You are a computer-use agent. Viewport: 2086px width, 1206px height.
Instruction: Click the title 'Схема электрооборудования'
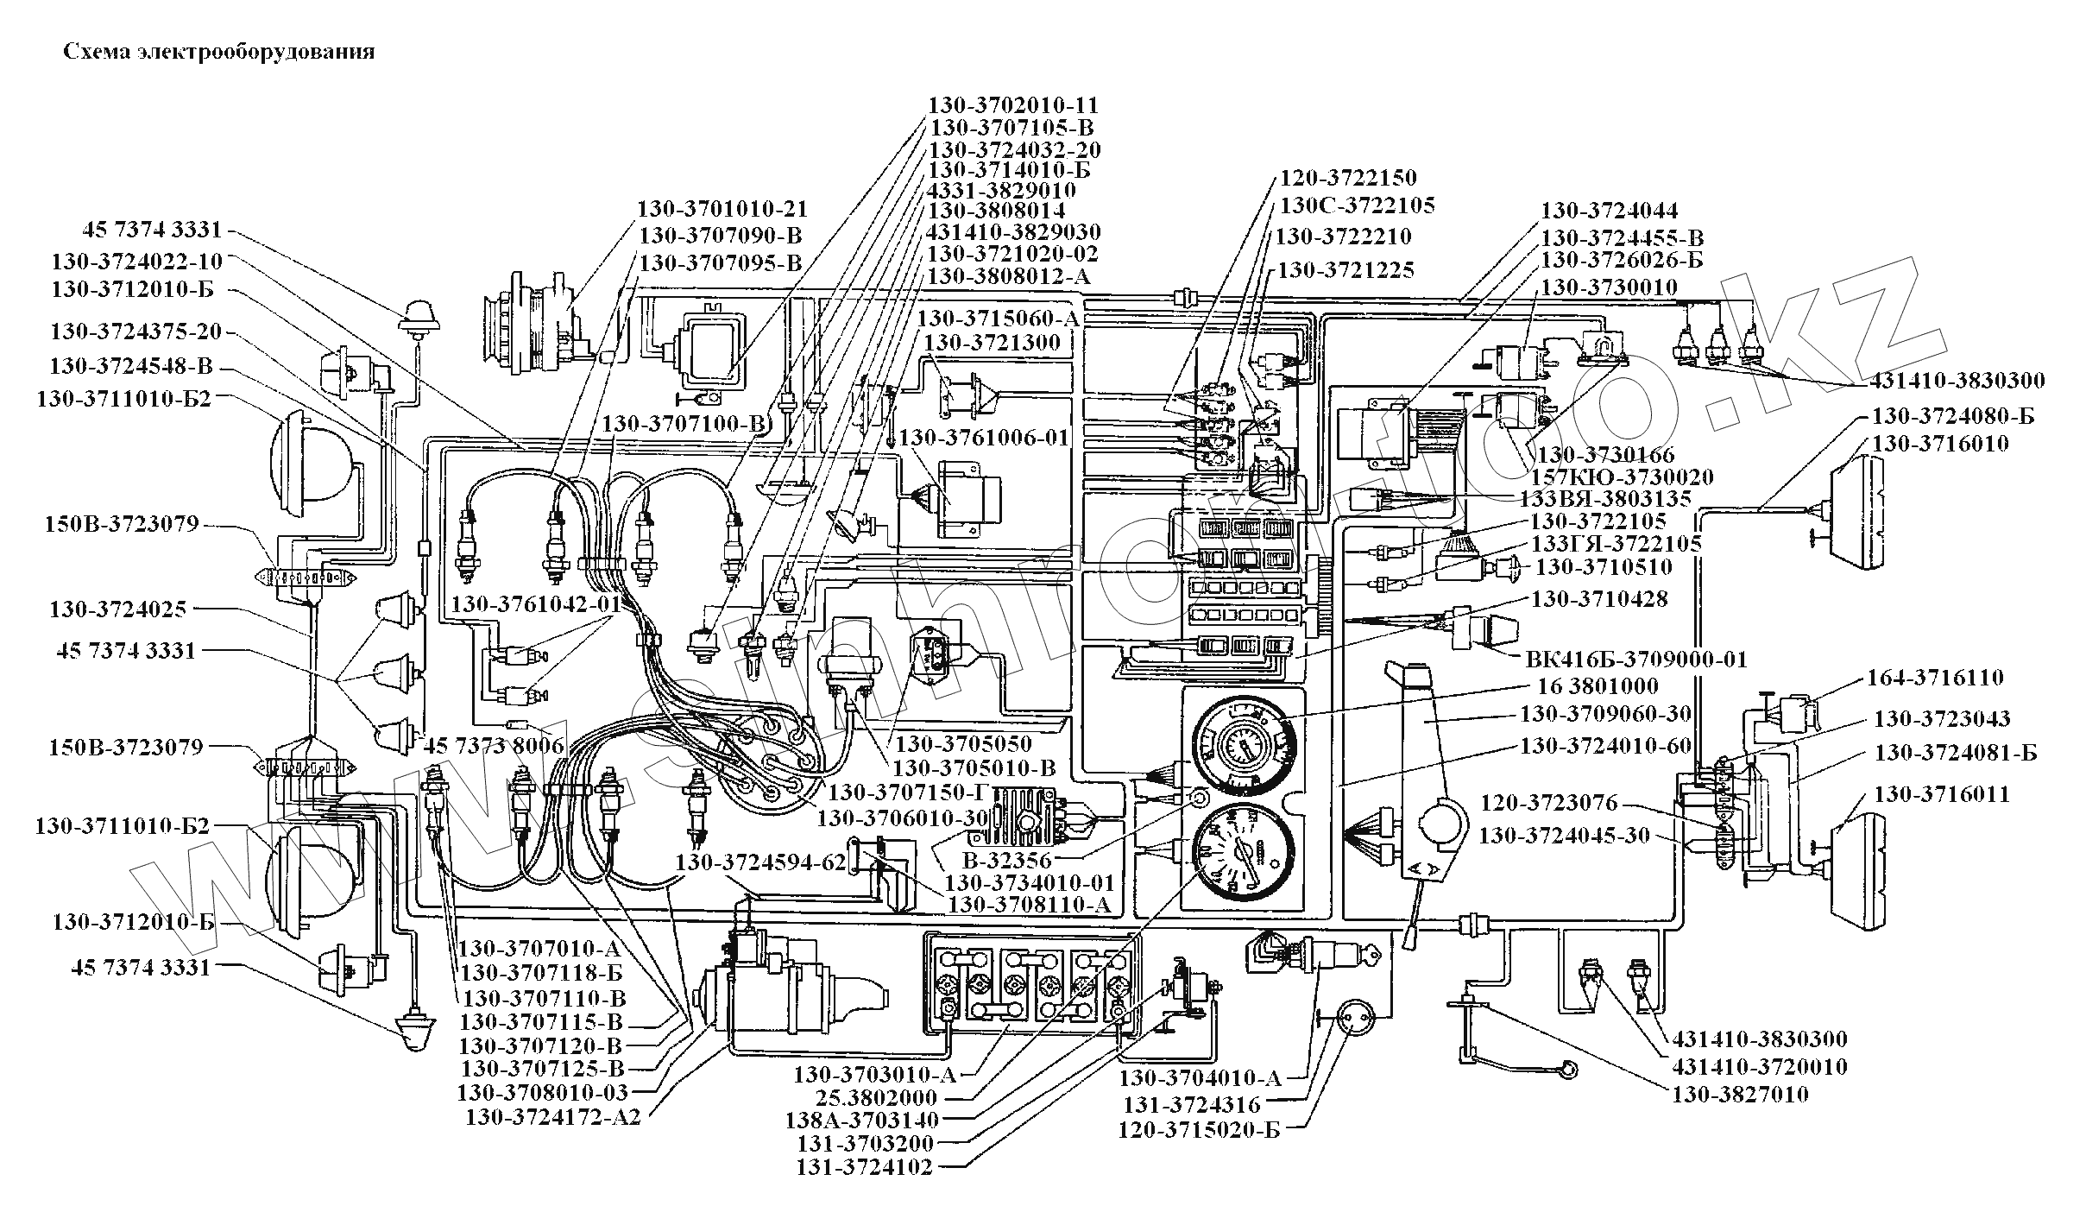[219, 52]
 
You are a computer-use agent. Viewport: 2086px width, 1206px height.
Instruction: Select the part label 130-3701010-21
[722, 210]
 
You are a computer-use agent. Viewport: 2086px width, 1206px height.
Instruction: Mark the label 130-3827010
[1741, 1095]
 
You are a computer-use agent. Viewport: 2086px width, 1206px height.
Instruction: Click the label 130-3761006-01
[984, 438]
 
